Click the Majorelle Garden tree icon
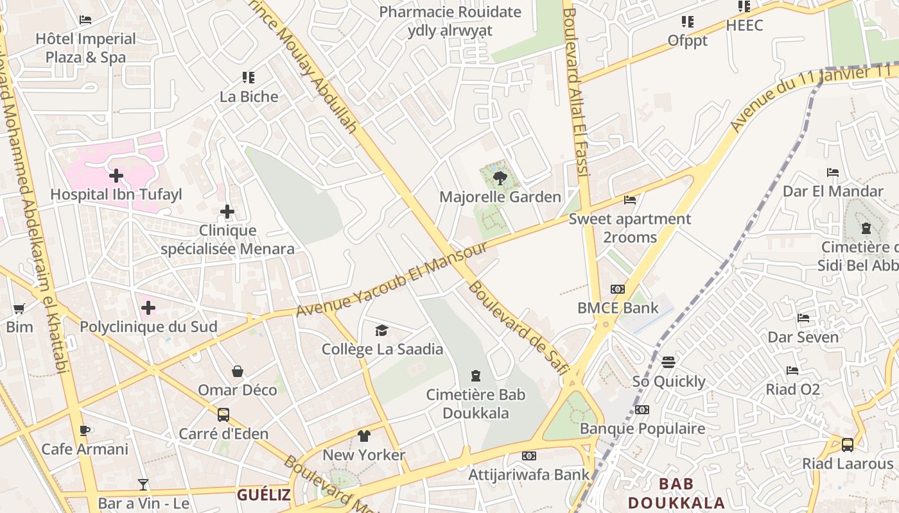[x=500, y=178]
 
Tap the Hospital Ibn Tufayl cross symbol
[x=116, y=175]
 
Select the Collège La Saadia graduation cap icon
[x=382, y=330]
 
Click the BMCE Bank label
[x=618, y=308]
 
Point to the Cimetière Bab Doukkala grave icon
[x=476, y=375]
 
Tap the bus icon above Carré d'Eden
[x=223, y=414]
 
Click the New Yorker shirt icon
[x=364, y=436]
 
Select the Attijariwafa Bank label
[x=528, y=475]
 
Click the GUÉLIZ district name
[x=263, y=495]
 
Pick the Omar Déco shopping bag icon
[x=238, y=371]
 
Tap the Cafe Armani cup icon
[x=84, y=430]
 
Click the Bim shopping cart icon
[x=19, y=308]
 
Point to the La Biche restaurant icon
[x=249, y=78]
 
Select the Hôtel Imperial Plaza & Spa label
[x=85, y=48]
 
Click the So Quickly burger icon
[x=668, y=362]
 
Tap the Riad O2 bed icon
[x=792, y=371]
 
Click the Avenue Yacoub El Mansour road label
[x=392, y=281]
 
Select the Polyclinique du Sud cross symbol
[x=148, y=308]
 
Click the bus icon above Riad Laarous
[x=848, y=444]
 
